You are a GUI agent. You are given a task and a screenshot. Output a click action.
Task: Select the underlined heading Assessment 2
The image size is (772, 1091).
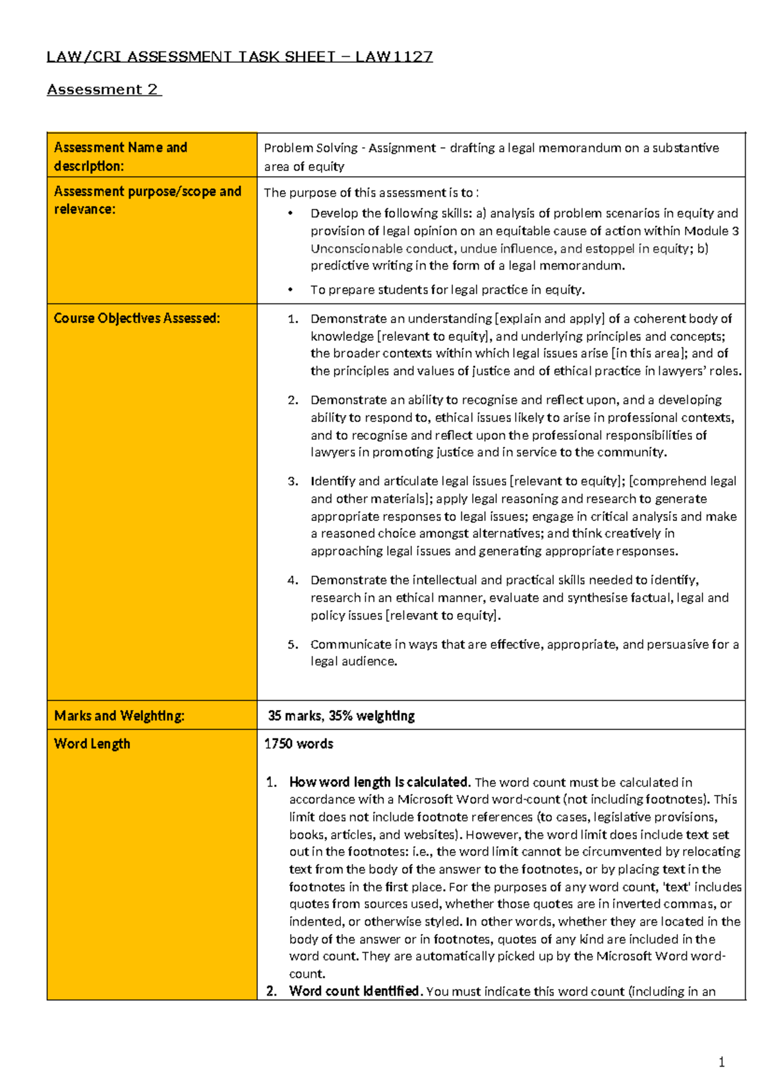pyautogui.click(x=103, y=89)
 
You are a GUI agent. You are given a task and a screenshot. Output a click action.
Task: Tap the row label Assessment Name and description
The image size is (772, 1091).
pyautogui.click(x=120, y=156)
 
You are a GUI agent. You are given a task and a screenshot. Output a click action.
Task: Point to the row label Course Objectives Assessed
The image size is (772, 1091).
pyautogui.click(x=136, y=318)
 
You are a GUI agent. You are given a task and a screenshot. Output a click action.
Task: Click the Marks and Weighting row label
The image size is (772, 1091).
pyautogui.click(x=119, y=715)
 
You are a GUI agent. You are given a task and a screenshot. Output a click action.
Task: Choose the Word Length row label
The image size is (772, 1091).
pyautogui.click(x=92, y=744)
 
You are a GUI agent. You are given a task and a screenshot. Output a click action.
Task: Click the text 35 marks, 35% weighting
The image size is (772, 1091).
pyautogui.click(x=341, y=715)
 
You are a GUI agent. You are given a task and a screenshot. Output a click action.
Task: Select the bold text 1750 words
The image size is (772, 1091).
pyautogui.click(x=299, y=744)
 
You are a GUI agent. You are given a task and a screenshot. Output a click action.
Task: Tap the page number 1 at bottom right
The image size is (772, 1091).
pyautogui.click(x=721, y=1062)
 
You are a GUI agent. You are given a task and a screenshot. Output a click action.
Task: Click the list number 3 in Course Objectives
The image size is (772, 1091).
pyautogui.click(x=293, y=481)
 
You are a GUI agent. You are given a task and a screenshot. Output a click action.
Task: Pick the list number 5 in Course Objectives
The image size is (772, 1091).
pyautogui.click(x=293, y=645)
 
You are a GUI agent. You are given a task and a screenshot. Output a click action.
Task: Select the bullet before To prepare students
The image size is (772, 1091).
pyautogui.click(x=291, y=290)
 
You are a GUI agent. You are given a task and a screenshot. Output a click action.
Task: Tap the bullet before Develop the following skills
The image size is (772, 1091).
pyautogui.click(x=291, y=214)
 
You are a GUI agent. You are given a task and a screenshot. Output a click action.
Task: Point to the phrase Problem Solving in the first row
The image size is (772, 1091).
pyautogui.click(x=310, y=148)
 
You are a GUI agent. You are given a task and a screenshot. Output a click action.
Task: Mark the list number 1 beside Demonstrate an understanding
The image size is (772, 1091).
pyautogui.click(x=293, y=319)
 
